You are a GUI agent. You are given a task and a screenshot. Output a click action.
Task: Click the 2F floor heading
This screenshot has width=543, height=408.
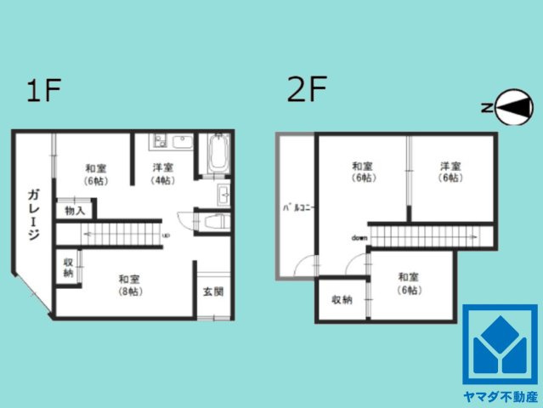307,90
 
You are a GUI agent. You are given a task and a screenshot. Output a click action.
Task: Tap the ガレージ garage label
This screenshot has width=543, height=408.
31,213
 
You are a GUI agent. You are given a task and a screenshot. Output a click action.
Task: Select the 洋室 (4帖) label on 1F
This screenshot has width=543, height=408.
163,173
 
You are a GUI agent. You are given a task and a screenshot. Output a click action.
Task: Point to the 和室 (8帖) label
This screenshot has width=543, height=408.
129,285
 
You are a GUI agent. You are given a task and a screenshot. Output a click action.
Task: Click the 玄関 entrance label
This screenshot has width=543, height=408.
213,292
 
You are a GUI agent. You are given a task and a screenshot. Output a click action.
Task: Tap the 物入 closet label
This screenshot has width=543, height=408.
75,210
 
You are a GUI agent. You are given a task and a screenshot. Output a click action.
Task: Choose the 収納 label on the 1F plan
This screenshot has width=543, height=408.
67,268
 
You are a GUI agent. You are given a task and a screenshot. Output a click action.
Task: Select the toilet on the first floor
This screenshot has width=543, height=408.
213,221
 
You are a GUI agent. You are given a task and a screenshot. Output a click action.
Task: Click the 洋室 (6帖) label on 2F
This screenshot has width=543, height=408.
450,172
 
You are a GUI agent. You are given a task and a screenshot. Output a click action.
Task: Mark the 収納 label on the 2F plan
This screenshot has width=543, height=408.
342,300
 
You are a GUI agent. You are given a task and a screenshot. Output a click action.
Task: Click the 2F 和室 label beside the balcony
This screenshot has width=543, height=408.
364,172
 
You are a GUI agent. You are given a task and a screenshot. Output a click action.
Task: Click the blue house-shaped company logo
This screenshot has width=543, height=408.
500,344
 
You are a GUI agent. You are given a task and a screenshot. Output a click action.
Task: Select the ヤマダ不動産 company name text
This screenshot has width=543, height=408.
501,396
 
